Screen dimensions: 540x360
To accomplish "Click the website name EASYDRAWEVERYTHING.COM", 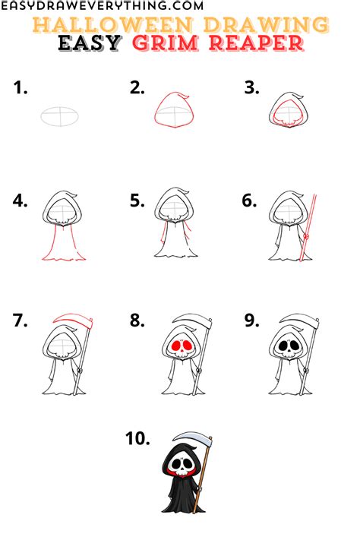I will tap(103, 6).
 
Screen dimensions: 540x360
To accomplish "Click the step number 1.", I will tap(21, 89).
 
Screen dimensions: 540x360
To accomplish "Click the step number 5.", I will tap(137, 201).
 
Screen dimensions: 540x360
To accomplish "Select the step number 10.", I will tap(139, 438).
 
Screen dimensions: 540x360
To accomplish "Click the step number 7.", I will tap(21, 320).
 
